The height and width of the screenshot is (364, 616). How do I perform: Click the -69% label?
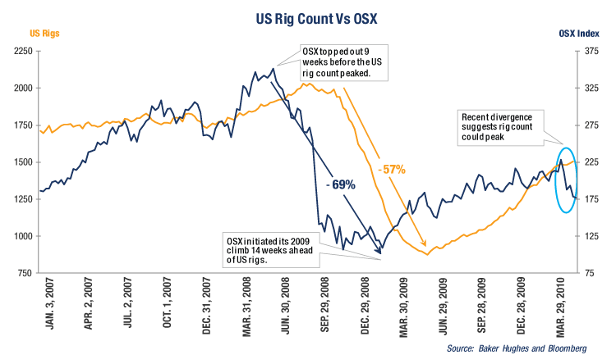pyautogui.click(x=339, y=184)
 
